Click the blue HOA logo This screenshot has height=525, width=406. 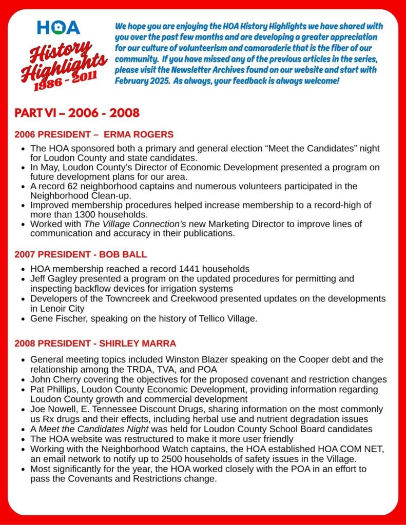tap(59, 27)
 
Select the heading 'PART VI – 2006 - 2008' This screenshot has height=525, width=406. tap(77, 112)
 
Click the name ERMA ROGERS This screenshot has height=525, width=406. tap(139, 135)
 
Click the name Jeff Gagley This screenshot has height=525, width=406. tap(53, 278)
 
